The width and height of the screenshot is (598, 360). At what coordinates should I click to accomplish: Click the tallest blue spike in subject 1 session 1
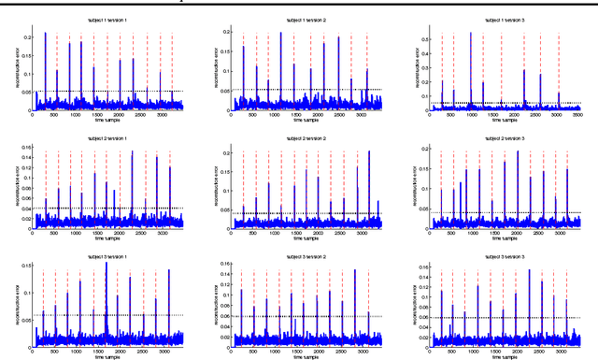coord(45,34)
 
